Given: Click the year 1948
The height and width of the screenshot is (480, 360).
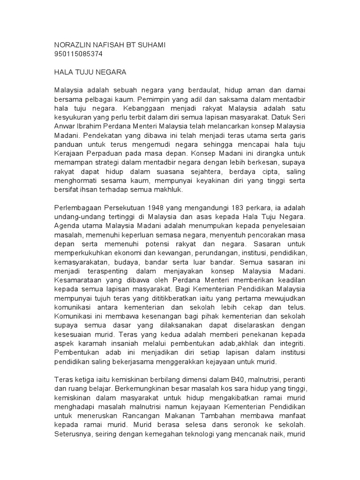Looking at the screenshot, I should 158,208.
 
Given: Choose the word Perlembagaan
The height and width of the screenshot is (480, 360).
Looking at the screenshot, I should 77,208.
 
